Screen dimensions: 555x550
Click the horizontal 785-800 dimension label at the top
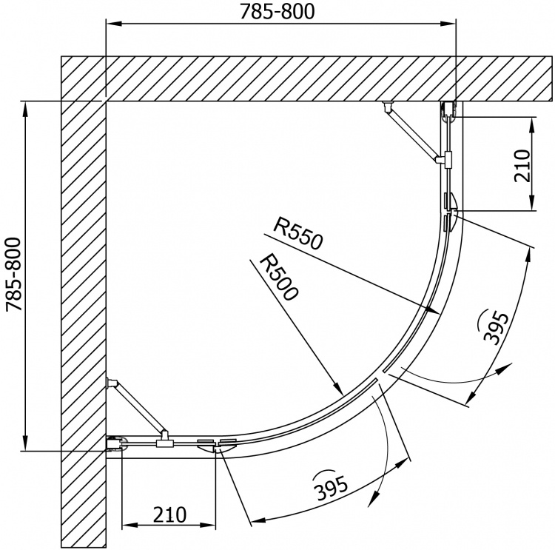coord(277,11)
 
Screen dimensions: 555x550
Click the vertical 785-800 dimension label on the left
coord(14,274)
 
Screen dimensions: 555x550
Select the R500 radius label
coord(278,279)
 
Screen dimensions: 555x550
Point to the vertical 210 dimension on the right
coord(522,165)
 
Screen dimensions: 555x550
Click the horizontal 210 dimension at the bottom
coord(169,514)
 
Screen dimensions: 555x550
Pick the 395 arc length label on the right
coord(496,328)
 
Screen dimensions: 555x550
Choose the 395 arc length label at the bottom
coord(331,487)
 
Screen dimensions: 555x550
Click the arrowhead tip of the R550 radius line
coord(440,313)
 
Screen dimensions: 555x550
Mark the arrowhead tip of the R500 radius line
coord(343,395)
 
